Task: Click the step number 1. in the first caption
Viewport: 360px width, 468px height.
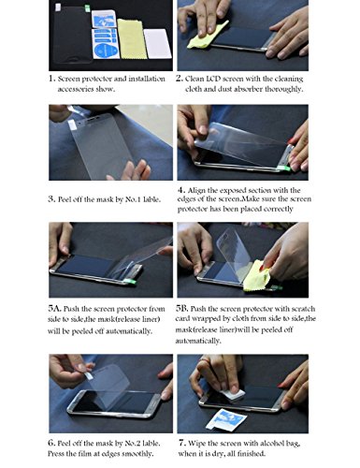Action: point(51,79)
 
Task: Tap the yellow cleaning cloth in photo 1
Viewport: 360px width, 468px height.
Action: point(132,39)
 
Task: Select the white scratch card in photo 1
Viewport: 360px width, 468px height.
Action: point(158,44)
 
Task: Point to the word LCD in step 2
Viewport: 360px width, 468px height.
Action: point(212,79)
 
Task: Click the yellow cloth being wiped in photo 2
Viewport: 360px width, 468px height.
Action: point(207,36)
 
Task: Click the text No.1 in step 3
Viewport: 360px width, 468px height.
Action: point(133,199)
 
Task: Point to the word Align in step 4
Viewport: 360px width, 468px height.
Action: point(196,191)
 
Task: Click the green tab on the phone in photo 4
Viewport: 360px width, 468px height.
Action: point(285,168)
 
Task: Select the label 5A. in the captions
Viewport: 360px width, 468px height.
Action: point(54,309)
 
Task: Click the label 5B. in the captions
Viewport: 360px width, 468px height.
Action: point(182,309)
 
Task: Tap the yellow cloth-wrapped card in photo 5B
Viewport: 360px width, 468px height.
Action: point(255,276)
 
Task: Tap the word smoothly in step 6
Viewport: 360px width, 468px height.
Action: point(137,454)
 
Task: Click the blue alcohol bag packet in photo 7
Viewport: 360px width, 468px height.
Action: point(226,420)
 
